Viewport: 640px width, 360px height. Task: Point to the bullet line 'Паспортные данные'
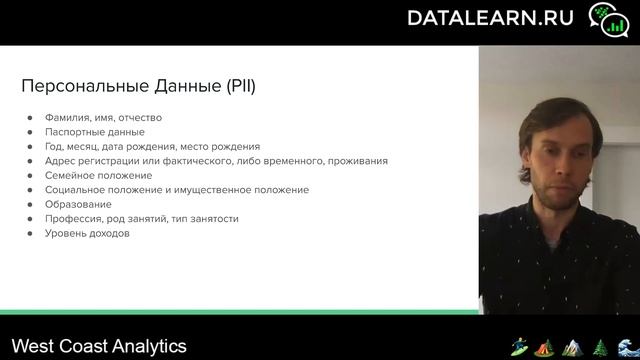point(95,131)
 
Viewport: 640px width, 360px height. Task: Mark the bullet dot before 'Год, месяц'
point(31,146)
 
